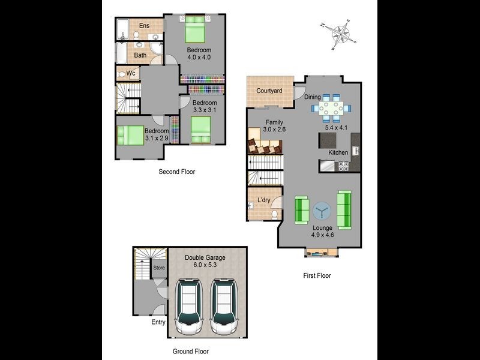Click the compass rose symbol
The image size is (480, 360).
click(x=340, y=35)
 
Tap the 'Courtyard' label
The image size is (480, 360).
click(x=269, y=91)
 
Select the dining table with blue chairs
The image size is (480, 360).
click(x=331, y=108)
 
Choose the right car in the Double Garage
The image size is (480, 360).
click(x=224, y=306)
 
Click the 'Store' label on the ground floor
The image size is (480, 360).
click(x=158, y=268)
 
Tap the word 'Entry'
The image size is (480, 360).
click(x=158, y=322)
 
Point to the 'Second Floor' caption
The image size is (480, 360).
click(x=176, y=172)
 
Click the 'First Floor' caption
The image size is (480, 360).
click(x=316, y=276)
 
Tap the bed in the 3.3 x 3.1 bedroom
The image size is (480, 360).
click(x=201, y=129)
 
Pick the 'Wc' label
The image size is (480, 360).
click(x=131, y=73)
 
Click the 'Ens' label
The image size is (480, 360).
click(x=145, y=25)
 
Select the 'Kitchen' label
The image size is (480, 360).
click(x=338, y=152)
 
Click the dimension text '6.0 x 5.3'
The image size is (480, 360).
click(x=205, y=265)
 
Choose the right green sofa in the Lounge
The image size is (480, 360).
click(x=344, y=209)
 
